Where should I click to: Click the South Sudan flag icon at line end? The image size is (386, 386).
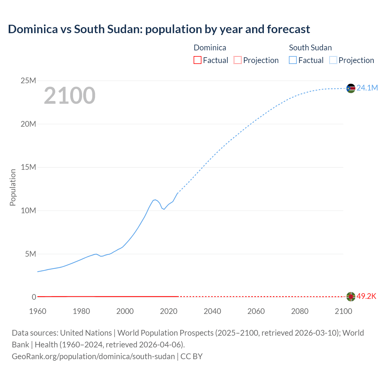(x=351, y=88)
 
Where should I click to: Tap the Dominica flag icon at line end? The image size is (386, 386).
(x=351, y=297)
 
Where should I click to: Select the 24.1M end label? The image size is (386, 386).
(x=367, y=88)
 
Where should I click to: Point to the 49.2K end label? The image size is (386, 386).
(x=366, y=296)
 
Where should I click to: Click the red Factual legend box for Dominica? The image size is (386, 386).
(x=197, y=60)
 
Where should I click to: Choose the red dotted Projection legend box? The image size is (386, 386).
(x=238, y=60)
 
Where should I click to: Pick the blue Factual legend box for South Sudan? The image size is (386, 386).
(x=293, y=60)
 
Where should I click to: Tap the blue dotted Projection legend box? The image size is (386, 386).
(x=333, y=60)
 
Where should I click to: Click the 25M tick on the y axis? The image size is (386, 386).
(x=28, y=81)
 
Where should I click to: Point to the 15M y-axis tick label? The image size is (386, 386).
(x=28, y=167)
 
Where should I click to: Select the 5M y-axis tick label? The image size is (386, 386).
(x=30, y=254)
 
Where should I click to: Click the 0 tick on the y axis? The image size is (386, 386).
(x=34, y=297)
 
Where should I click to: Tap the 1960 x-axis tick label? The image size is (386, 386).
(x=38, y=311)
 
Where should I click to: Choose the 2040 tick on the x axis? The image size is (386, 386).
(x=212, y=311)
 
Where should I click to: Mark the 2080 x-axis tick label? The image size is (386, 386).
(x=300, y=311)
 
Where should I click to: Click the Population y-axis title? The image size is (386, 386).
(x=13, y=187)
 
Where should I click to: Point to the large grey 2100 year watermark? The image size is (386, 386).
(x=70, y=96)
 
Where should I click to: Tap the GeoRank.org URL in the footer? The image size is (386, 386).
(x=93, y=356)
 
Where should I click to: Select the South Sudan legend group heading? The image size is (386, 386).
(x=310, y=48)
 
